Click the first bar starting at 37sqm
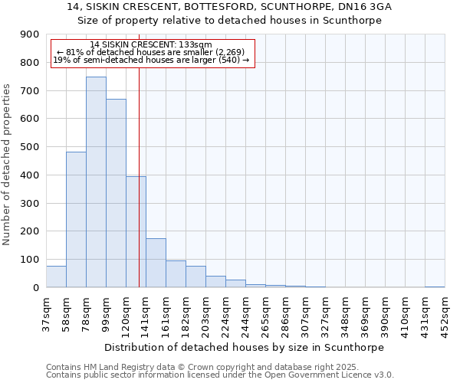(x=56, y=277)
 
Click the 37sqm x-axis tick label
(x=46, y=313)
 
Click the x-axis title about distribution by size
(x=245, y=347)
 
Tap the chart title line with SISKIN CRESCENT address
(x=230, y=7)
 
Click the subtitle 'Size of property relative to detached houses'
(x=230, y=21)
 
